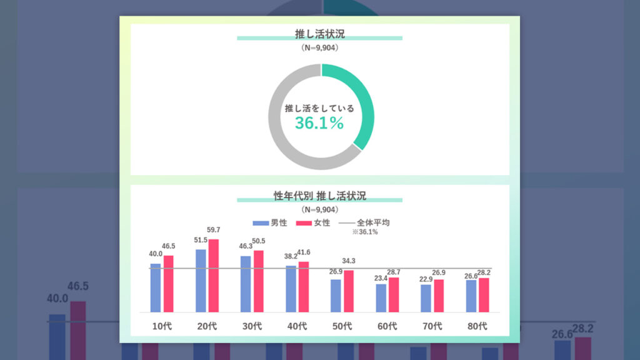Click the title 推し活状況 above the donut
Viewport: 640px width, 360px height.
coord(319,33)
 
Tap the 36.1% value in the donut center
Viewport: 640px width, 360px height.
coord(319,123)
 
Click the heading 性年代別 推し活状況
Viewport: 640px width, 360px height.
coord(319,196)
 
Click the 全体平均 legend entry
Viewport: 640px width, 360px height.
coord(369,223)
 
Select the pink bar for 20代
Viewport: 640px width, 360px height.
coord(214,276)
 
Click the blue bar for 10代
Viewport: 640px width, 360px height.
coord(156,287)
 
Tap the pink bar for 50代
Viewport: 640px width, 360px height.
coord(349,291)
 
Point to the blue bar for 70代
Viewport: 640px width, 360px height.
coord(426,298)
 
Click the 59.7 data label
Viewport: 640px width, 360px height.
coord(214,231)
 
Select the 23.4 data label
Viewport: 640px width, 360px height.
coord(381,277)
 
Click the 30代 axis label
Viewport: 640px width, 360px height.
coord(252,326)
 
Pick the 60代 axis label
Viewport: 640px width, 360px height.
coord(387,326)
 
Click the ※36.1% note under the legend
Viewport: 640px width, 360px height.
coord(365,232)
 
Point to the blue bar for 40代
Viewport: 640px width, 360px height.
coord(291,289)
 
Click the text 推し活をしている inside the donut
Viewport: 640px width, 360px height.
coord(319,109)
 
